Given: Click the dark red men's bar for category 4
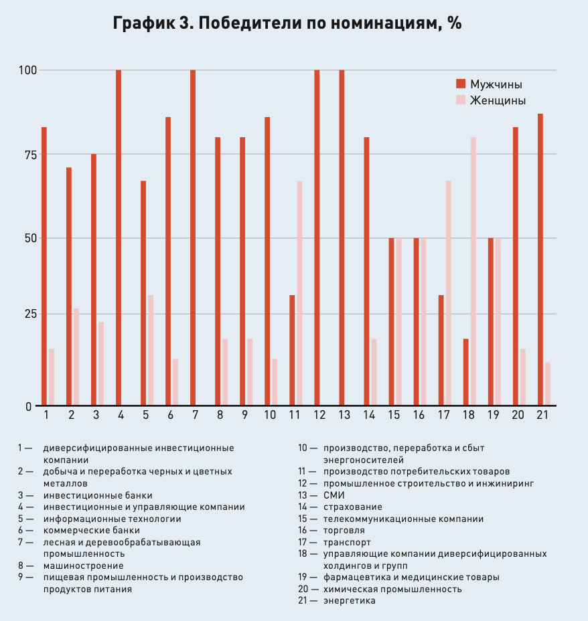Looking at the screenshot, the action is pos(119,238).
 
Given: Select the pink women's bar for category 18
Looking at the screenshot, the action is pos(473,271).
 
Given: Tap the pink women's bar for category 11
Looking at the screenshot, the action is pos(299,293).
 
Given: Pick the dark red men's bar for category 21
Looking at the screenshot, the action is pos(540,260).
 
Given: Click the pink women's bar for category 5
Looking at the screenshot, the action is pos(151,350).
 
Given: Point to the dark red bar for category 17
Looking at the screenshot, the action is pos(441,350).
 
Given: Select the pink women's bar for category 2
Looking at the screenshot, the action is pos(76,357).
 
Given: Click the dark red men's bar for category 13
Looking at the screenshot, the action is pos(342,238).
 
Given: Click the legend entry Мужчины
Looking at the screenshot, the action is pos(490,84).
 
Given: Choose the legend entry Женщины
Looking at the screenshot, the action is pos(491,100).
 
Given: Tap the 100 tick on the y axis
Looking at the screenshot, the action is pos(27,70).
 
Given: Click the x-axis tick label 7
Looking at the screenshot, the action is pos(196,415).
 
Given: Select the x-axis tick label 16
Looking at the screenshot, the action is pos(419,415).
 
